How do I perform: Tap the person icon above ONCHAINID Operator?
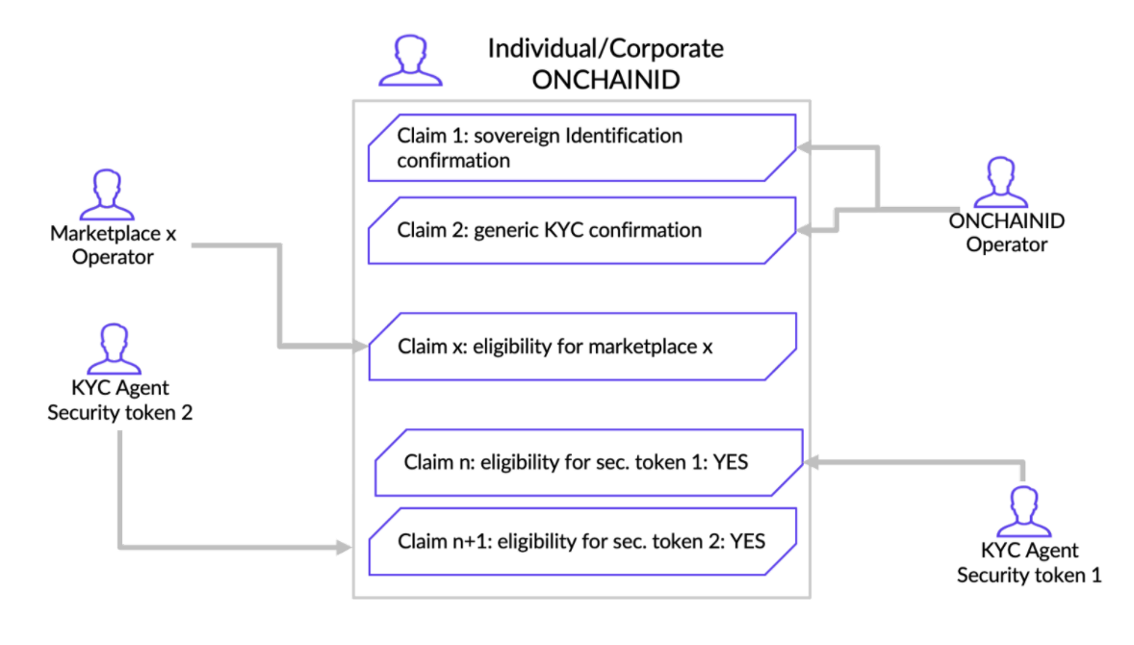(1001, 182)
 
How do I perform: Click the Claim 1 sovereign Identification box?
(582, 147)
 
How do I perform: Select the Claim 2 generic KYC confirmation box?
(582, 230)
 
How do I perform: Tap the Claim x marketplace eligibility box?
(582, 347)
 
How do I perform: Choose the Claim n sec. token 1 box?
(589, 462)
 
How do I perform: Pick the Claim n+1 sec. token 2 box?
(582, 542)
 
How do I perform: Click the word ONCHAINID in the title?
(606, 80)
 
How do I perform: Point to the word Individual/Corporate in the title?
(606, 48)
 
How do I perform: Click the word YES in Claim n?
(731, 462)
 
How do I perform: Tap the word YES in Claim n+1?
(748, 542)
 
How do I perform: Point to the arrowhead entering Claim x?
(360, 347)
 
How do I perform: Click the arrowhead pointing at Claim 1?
(804, 147)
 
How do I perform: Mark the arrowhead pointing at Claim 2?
(804, 231)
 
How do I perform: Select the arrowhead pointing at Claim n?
(812, 462)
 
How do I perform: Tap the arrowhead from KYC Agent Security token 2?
(345, 548)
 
